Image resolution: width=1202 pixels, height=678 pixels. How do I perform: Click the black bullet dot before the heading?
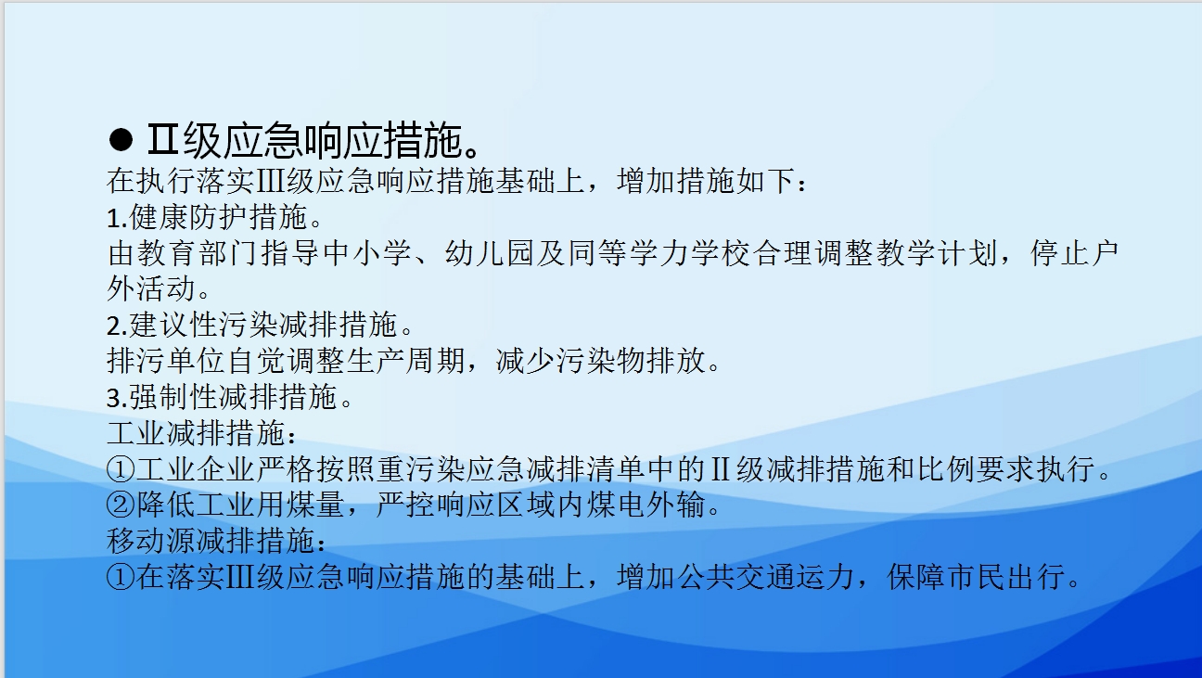tap(121, 140)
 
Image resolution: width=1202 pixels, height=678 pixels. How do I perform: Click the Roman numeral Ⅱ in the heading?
tap(162, 139)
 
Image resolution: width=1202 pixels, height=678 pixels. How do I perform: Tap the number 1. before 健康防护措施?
tap(117, 219)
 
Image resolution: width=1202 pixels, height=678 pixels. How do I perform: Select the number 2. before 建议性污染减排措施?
tap(117, 326)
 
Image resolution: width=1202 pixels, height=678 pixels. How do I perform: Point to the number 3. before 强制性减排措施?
tap(117, 398)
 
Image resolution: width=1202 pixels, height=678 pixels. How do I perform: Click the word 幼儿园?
tap(489, 253)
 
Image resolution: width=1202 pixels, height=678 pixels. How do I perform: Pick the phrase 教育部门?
tap(198, 253)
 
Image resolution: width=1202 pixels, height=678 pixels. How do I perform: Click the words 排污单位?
tap(166, 361)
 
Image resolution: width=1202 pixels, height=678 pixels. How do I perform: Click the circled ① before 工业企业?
tap(121, 469)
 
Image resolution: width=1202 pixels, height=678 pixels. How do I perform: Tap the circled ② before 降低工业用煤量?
tap(121, 505)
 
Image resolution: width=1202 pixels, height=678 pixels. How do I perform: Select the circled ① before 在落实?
tap(121, 577)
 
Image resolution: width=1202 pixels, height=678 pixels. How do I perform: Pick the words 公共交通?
tap(735, 577)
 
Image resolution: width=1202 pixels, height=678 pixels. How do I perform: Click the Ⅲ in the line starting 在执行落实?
tap(271, 182)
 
